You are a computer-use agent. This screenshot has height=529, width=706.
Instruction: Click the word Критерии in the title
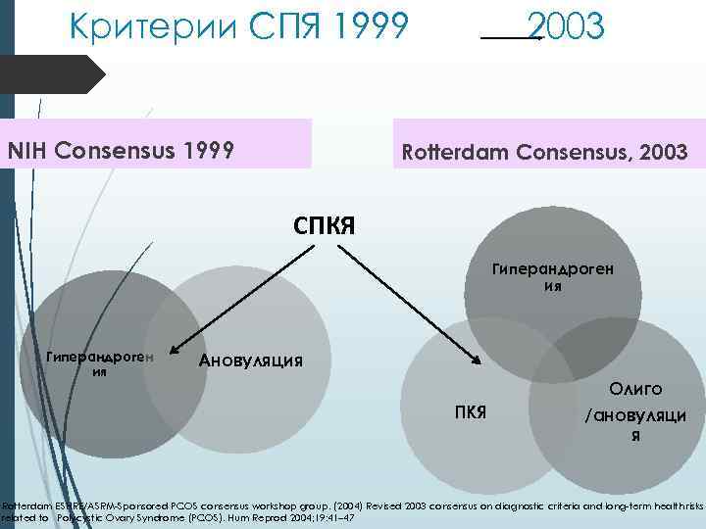click(138, 25)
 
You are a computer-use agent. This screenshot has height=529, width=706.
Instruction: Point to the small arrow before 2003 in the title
click(512, 37)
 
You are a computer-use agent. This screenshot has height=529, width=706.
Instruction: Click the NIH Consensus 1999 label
click(121, 151)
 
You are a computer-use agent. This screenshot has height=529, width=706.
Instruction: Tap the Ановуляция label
click(251, 360)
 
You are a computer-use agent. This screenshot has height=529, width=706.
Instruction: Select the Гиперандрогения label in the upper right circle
click(553, 278)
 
